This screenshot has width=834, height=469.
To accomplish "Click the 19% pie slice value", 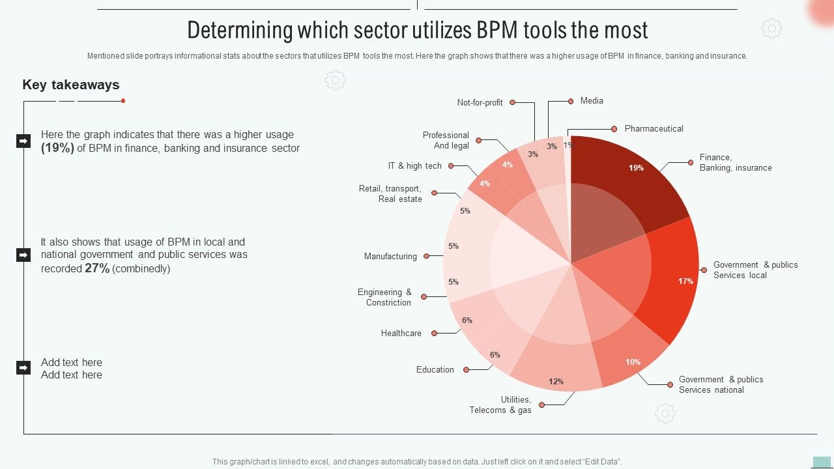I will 636,168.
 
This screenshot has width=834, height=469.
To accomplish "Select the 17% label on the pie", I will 685,281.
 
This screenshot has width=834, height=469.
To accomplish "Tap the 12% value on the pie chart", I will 556,382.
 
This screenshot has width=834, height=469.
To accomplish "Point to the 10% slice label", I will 633,362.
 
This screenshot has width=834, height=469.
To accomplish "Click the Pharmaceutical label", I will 654,129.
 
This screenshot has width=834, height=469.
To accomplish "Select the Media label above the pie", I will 592,101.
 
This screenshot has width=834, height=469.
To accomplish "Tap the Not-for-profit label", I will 480,103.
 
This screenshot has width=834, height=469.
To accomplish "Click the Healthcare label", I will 401,334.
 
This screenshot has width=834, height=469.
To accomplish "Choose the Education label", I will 435,370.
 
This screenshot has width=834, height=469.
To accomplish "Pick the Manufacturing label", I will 390,257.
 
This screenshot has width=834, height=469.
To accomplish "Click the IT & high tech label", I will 414,166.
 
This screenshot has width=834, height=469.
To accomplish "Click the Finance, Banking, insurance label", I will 735,163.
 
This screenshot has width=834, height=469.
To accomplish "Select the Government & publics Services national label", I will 721,385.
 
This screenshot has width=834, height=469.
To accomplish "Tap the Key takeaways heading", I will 71,85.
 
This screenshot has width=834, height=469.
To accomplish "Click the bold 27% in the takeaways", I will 97,268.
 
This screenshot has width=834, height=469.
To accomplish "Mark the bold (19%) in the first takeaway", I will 57,148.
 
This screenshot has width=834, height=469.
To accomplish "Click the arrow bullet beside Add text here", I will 23,368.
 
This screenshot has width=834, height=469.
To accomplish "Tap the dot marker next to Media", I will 571,101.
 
